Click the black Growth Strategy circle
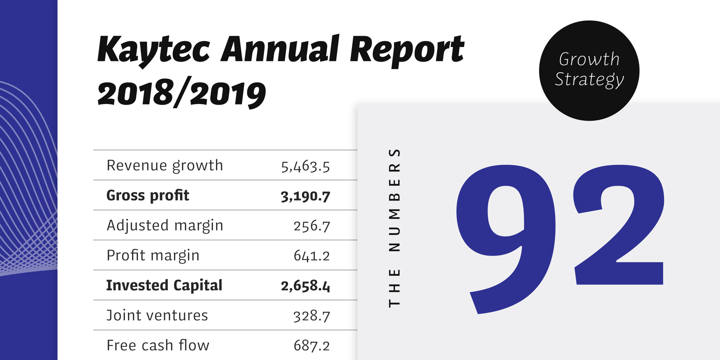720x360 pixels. [x=589, y=70]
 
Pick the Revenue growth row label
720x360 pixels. [x=164, y=165]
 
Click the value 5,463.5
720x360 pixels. [x=305, y=166]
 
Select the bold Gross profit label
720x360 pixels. [x=148, y=195]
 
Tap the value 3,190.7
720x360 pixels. [x=305, y=196]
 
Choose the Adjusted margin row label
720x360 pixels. [x=164, y=226]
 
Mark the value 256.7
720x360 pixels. [x=311, y=226]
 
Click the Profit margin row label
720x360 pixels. [x=153, y=256]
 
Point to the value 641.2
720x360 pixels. [x=311, y=256]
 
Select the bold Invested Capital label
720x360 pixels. [x=164, y=285]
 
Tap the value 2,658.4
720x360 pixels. [x=305, y=286]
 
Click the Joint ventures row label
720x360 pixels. [x=157, y=315]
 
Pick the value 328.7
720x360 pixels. [x=311, y=316]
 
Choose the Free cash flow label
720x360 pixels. [x=158, y=345]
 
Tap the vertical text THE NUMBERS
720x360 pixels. [x=395, y=227]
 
